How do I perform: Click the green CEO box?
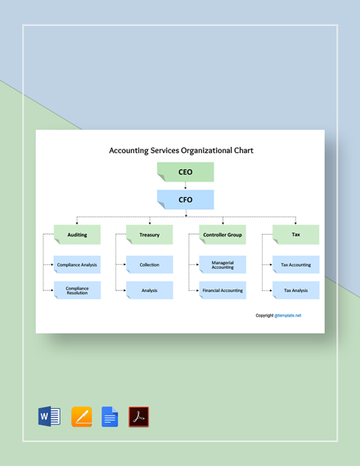pos(186,172)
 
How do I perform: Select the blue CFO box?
pos(186,199)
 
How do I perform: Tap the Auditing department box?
pos(77,235)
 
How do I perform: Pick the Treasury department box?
pos(150,235)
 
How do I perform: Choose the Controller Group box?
pos(222,235)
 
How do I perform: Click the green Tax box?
pos(295,235)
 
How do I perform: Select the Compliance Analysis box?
pos(77,265)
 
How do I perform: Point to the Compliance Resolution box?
pos(77,290)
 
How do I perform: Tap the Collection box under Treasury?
pos(150,265)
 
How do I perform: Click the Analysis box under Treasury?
pos(150,290)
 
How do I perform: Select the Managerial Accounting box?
pos(222,265)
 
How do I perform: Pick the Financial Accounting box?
pos(222,290)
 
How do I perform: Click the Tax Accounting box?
pos(295,265)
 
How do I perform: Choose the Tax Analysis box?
pos(295,290)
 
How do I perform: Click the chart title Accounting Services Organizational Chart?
pos(181,150)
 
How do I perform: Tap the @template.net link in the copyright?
pos(288,316)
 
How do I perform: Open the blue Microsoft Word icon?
pos(49,417)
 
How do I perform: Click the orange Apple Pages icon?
pos(81,417)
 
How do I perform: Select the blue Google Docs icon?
pos(110,417)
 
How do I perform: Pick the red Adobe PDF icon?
pos(138,417)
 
